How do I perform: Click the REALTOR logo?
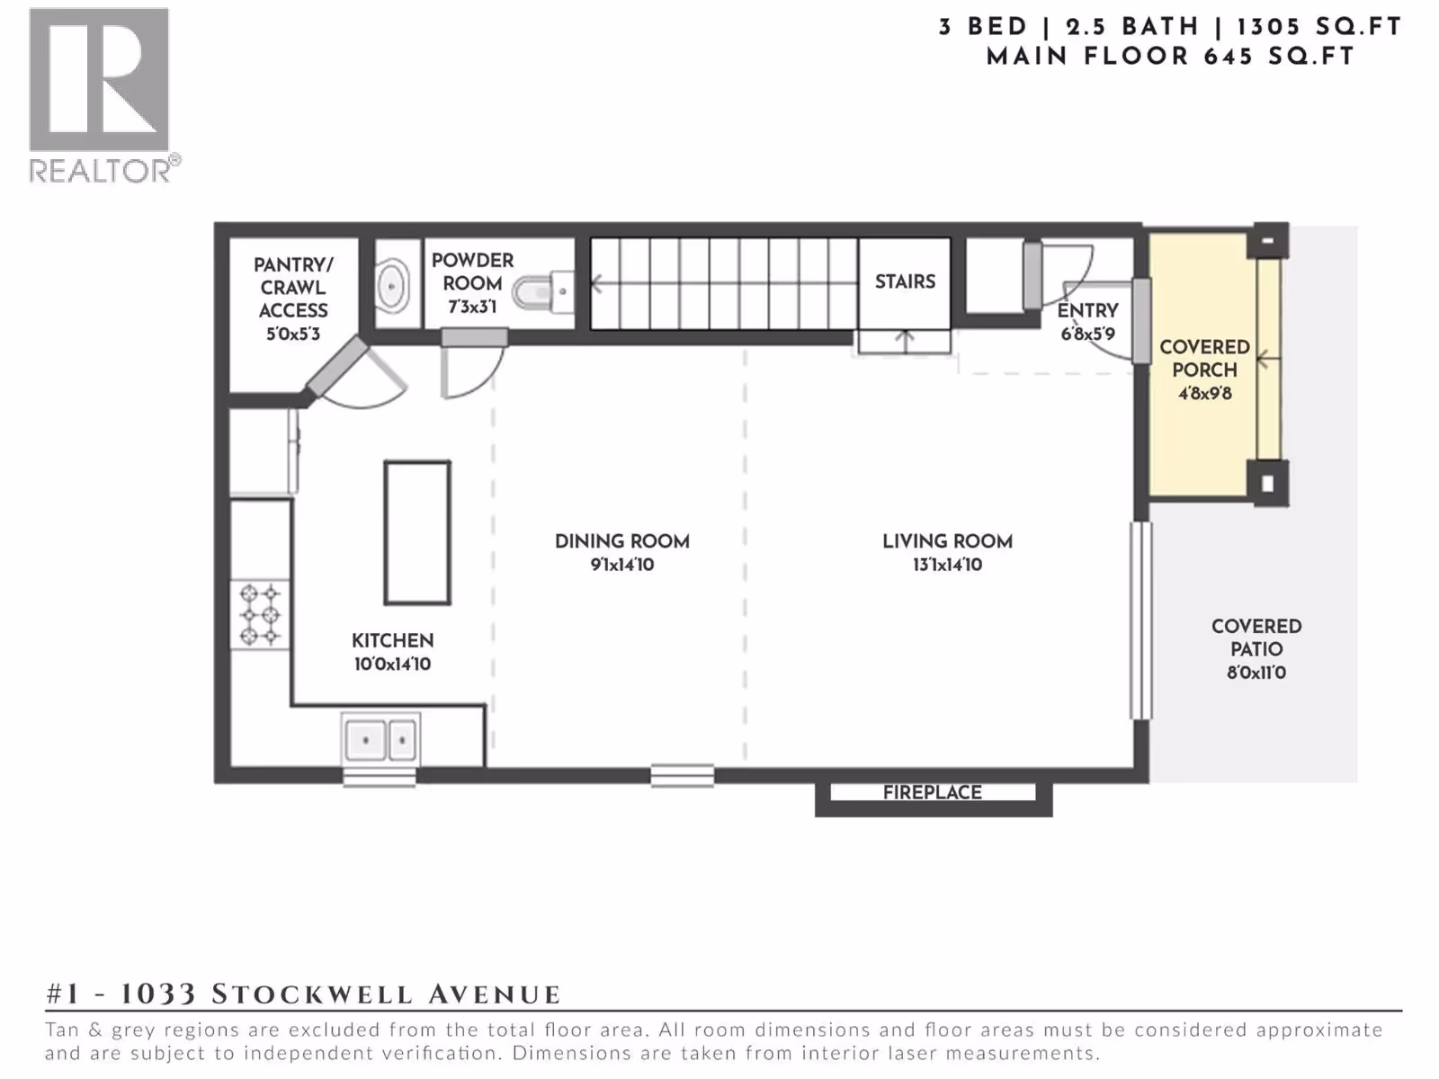(103, 95)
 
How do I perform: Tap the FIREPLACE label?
(932, 793)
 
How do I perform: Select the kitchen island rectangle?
(417, 532)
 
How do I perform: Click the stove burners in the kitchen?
(260, 615)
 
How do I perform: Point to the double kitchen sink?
(380, 740)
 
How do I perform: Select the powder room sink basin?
(391, 286)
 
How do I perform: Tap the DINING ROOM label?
(622, 541)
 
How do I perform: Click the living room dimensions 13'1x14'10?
(947, 565)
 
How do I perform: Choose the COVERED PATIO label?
(1256, 638)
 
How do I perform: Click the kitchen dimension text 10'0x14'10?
(392, 664)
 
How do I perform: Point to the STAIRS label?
(905, 281)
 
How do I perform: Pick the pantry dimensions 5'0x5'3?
(293, 334)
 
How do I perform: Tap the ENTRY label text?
(1087, 310)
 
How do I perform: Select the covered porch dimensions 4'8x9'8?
(1205, 394)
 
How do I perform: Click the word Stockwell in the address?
(311, 994)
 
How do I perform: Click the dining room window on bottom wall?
(682, 776)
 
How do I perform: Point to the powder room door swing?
(473, 371)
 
